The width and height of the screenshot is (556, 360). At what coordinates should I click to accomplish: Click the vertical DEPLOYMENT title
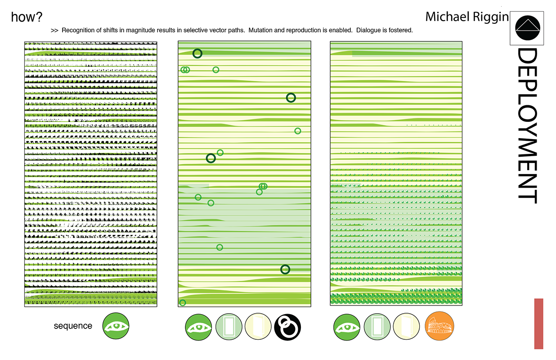(526, 126)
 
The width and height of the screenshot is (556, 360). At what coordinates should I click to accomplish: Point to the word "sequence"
(73, 326)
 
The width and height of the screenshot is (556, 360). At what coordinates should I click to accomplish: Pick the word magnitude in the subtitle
(150, 31)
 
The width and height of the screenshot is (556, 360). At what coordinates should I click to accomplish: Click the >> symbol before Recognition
(54, 31)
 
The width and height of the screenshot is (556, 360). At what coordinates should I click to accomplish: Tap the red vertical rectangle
(538, 324)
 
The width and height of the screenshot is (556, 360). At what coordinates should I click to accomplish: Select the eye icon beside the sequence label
(116, 326)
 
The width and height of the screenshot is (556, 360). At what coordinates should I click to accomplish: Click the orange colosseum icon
(439, 326)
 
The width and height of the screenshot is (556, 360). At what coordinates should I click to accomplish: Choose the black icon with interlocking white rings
(287, 326)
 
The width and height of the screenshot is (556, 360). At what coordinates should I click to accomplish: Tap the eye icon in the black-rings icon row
(198, 326)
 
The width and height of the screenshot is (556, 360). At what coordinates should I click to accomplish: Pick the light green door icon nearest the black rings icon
(229, 326)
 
